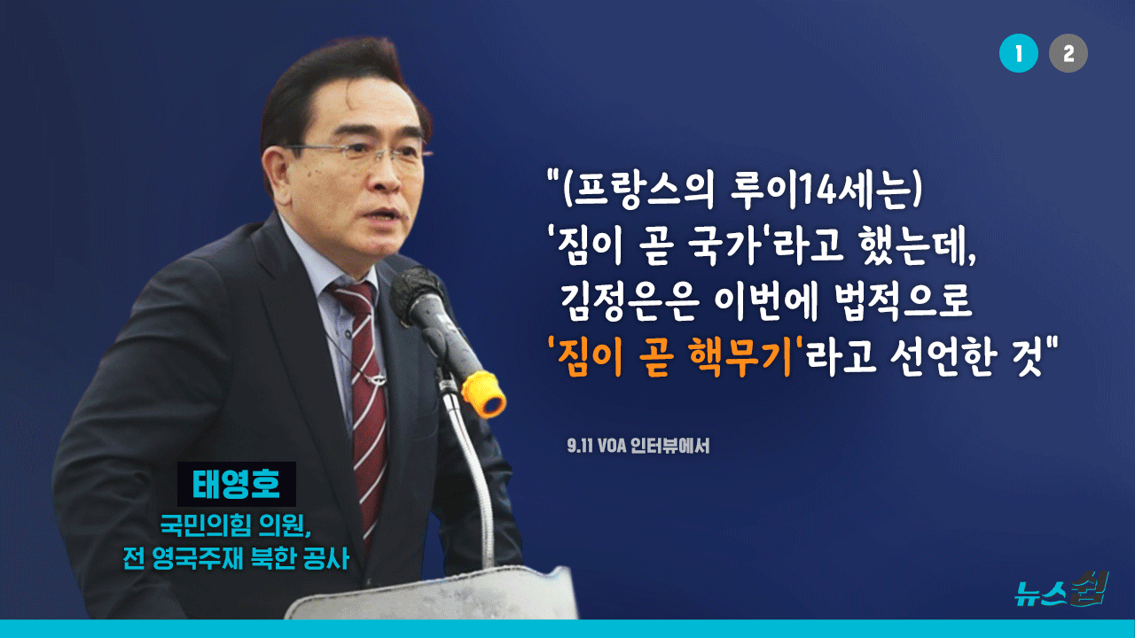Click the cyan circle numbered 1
(x=1019, y=53)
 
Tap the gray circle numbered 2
(x=1068, y=53)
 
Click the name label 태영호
(x=236, y=484)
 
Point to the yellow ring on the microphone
(x=484, y=394)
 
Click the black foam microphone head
(x=416, y=292)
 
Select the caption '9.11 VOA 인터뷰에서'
(x=638, y=446)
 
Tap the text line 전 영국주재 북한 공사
(x=236, y=558)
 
